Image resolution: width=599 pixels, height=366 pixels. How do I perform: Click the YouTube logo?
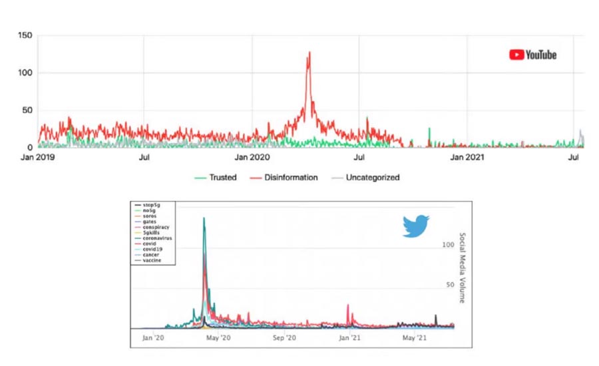coord(532,55)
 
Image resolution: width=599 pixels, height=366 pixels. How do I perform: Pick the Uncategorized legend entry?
coord(365,178)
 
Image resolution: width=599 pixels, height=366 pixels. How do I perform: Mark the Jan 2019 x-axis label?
coord(38,158)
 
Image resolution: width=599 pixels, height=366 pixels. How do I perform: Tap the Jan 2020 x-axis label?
coord(252,158)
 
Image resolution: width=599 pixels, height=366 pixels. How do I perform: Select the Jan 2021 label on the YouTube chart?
coord(466,158)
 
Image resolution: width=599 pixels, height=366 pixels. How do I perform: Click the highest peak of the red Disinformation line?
coord(309,53)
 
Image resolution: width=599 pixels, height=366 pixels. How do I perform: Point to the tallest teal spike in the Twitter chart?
coord(204,218)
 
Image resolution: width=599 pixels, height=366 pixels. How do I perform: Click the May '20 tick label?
coord(218,338)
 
